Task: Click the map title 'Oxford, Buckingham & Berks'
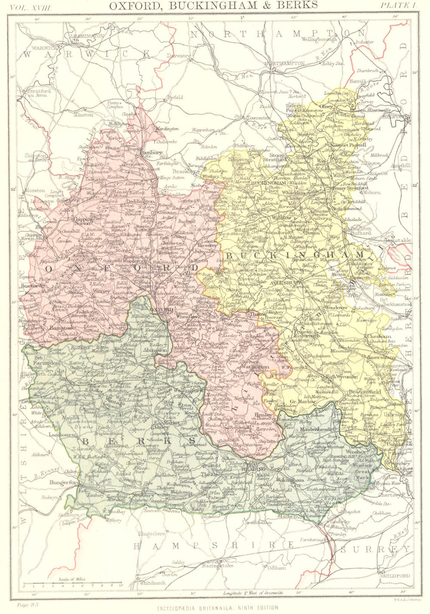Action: click(214, 5)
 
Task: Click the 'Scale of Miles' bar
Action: click(72, 585)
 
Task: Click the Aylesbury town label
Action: click(283, 284)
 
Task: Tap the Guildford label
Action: click(395, 575)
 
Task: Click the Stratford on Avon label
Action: click(39, 93)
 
